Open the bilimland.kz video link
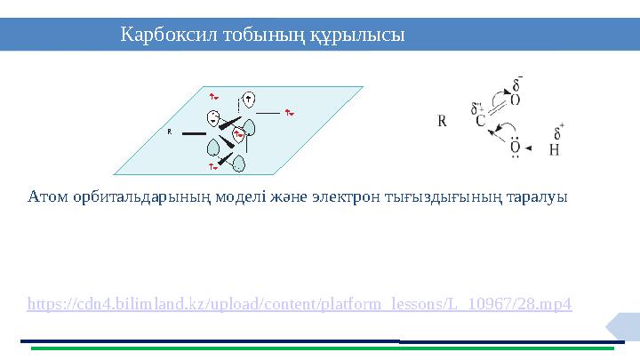point(300,304)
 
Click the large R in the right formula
point(442,120)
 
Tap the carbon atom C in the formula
point(480,122)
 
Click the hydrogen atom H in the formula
point(554,149)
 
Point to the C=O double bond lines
point(498,109)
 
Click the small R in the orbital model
point(169,131)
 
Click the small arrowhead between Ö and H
point(532,148)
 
